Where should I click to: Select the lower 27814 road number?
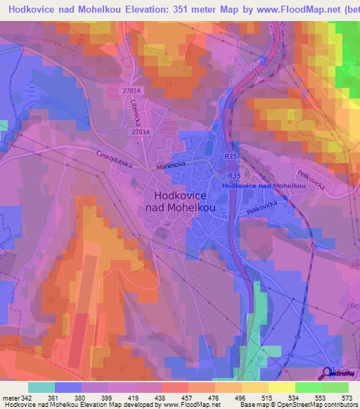pyautogui.click(x=141, y=131)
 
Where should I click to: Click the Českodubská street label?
pyautogui.click(x=116, y=159)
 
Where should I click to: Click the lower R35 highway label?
pyautogui.click(x=234, y=176)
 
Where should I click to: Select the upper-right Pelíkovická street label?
pyautogui.click(x=309, y=168)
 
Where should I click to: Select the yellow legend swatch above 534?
pyautogui.click(x=281, y=387)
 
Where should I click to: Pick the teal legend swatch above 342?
pyautogui.click(x=41, y=387)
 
